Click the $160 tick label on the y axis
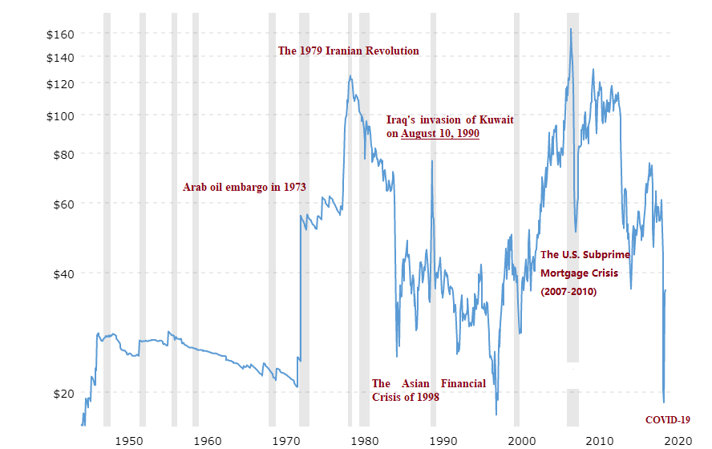(59, 34)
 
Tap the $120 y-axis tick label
(59, 84)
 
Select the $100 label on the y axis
(59, 115)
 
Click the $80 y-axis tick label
(63, 153)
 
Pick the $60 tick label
(63, 204)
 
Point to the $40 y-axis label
(63, 273)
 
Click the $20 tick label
(63, 393)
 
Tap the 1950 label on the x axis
(129, 439)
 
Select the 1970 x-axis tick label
(286, 439)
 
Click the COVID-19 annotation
(667, 419)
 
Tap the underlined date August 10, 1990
(440, 133)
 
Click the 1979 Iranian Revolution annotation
(348, 51)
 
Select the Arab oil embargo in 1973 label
(245, 187)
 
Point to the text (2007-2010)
(569, 292)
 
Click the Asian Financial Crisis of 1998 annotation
(428, 390)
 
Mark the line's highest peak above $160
(570, 29)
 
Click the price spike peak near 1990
(432, 161)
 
